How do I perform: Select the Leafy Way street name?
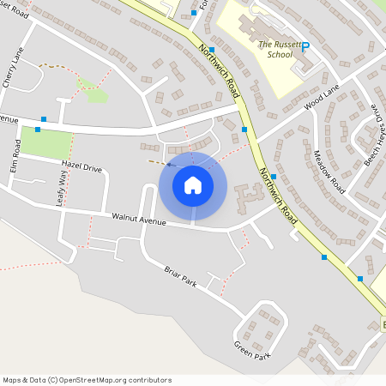[x=61, y=188]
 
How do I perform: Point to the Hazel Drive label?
[x=81, y=168]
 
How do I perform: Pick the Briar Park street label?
[x=180, y=275]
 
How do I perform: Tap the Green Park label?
[x=252, y=350]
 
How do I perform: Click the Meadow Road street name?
[x=328, y=171]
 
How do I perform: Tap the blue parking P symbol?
[x=305, y=50]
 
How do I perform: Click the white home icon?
[x=192, y=185]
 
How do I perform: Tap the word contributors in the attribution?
[x=149, y=380]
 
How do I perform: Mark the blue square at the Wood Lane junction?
[x=244, y=129]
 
